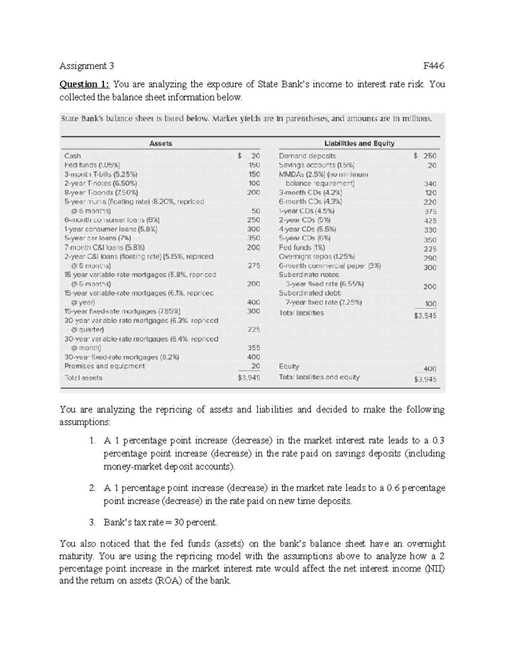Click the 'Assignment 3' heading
pyautogui.click(x=87, y=66)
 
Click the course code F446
pyautogui.click(x=434, y=66)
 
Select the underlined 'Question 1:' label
pyautogui.click(x=84, y=85)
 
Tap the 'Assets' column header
pyautogui.click(x=160, y=143)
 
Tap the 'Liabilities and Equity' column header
pyautogui.click(x=359, y=143)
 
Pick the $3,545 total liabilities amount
pyautogui.click(x=425, y=316)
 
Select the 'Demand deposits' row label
pyautogui.click(x=307, y=156)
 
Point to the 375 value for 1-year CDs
pyautogui.click(x=430, y=211)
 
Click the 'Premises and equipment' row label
pyautogui.click(x=104, y=366)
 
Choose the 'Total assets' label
pyautogui.click(x=83, y=378)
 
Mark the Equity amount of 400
pyautogui.click(x=430, y=369)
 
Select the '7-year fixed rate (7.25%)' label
pyautogui.click(x=324, y=302)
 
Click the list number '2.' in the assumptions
pyautogui.click(x=92, y=488)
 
